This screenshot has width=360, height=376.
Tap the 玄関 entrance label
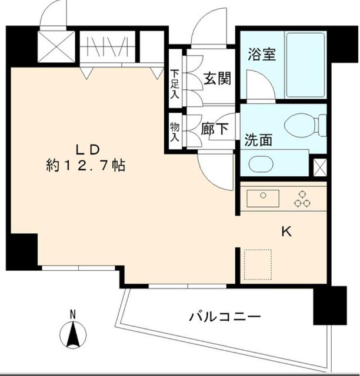217,78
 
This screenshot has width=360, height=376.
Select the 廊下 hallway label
214,129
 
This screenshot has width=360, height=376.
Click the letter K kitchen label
286,232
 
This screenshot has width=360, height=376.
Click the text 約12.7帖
86,166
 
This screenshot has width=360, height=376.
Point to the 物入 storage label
175,133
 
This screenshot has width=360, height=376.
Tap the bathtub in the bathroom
305,65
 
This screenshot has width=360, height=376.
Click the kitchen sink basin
263,198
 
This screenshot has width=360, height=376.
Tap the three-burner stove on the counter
302,199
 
